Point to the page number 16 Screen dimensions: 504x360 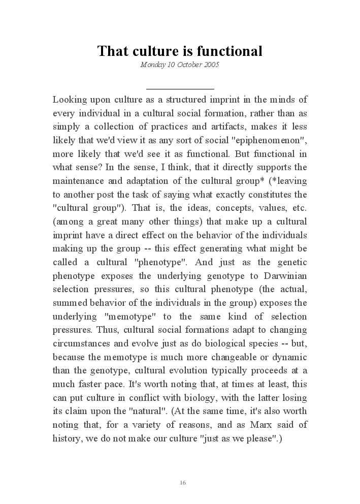(183, 482)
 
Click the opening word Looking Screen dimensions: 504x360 (69, 99)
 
